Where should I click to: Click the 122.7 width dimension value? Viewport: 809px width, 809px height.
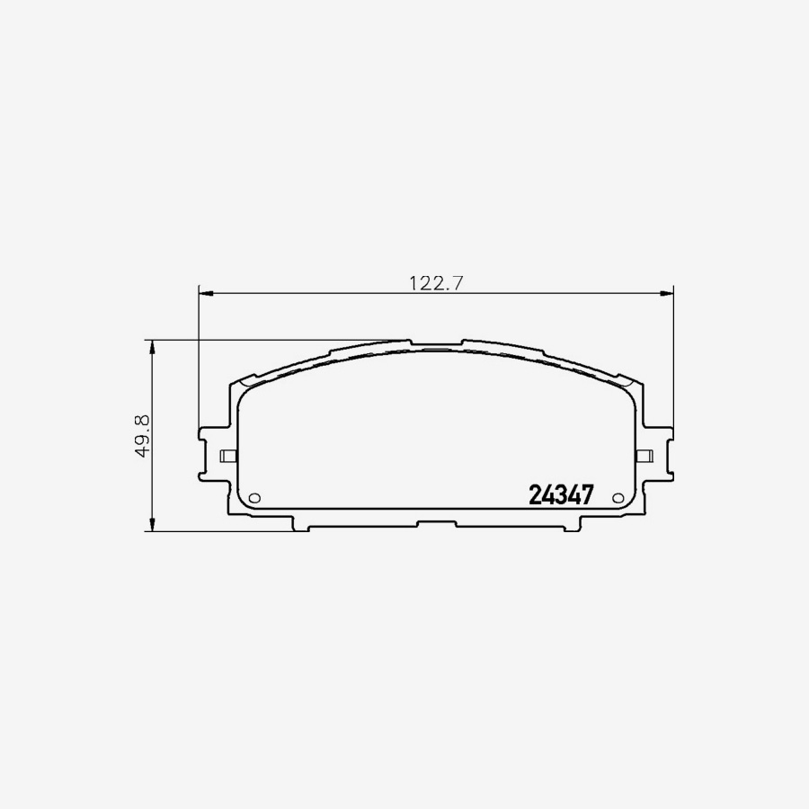pos(436,282)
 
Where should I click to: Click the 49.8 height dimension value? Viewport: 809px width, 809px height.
pos(140,435)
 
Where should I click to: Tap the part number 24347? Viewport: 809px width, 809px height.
pos(561,495)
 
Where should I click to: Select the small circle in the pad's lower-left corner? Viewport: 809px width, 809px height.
pos(253,499)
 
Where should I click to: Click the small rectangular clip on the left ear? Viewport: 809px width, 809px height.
pos(227,456)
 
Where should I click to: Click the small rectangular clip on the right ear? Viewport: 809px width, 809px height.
pos(644,456)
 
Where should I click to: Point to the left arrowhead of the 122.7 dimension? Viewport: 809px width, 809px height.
pos(203,292)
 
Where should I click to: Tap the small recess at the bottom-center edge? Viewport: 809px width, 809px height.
pos(436,523)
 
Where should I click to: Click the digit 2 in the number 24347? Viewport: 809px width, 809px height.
pos(535,495)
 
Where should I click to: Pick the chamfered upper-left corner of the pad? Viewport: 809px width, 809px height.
pos(241,384)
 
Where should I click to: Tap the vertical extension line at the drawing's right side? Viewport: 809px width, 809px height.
pos(673,360)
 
